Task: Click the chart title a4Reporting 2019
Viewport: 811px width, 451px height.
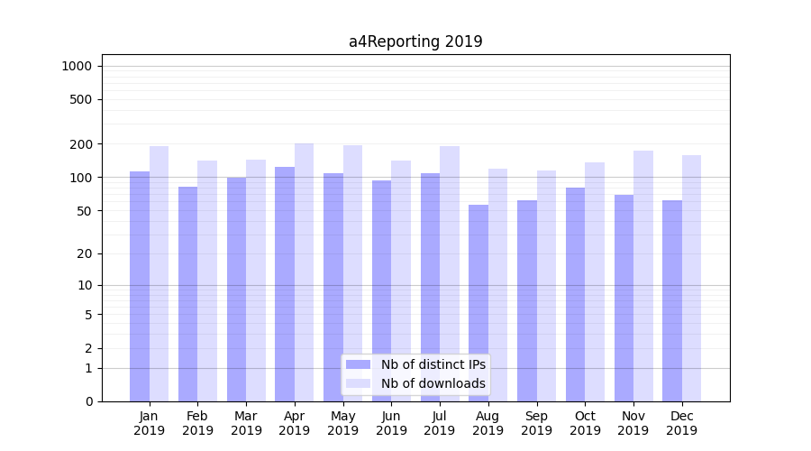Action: (x=415, y=41)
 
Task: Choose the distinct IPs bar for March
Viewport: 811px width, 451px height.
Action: (x=236, y=290)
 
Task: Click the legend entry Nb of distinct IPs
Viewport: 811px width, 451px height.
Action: (x=433, y=364)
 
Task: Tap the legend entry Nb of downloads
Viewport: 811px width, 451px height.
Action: (x=433, y=383)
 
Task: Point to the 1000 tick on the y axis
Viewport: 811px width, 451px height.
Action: (x=77, y=66)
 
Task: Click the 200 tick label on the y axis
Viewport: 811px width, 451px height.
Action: (x=81, y=144)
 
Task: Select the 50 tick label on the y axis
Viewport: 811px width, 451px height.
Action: (x=84, y=211)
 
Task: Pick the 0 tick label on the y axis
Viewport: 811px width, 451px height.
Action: (x=88, y=401)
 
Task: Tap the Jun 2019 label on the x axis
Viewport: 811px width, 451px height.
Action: (x=391, y=423)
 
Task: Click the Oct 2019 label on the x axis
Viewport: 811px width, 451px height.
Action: (x=585, y=423)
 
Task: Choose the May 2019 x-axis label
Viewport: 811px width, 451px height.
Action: (x=343, y=423)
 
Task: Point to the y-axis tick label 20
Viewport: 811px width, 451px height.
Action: (x=84, y=254)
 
